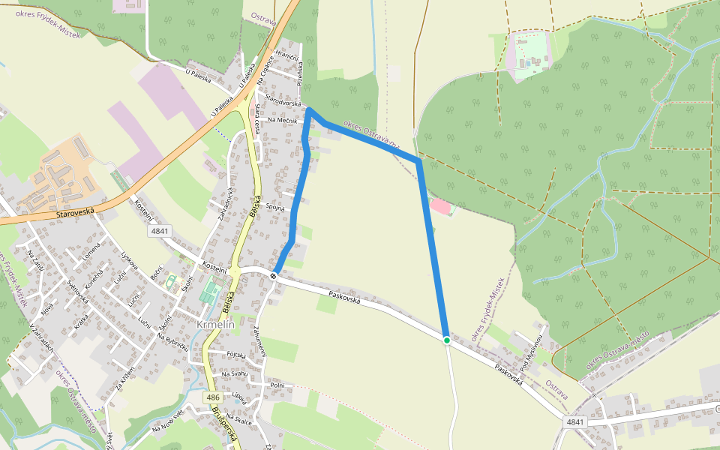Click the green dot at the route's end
[447, 340]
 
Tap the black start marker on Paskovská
[274, 276]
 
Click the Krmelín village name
[216, 325]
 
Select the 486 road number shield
[213, 397]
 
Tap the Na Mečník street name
[282, 120]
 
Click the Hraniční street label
[287, 57]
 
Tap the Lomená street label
[91, 255]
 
